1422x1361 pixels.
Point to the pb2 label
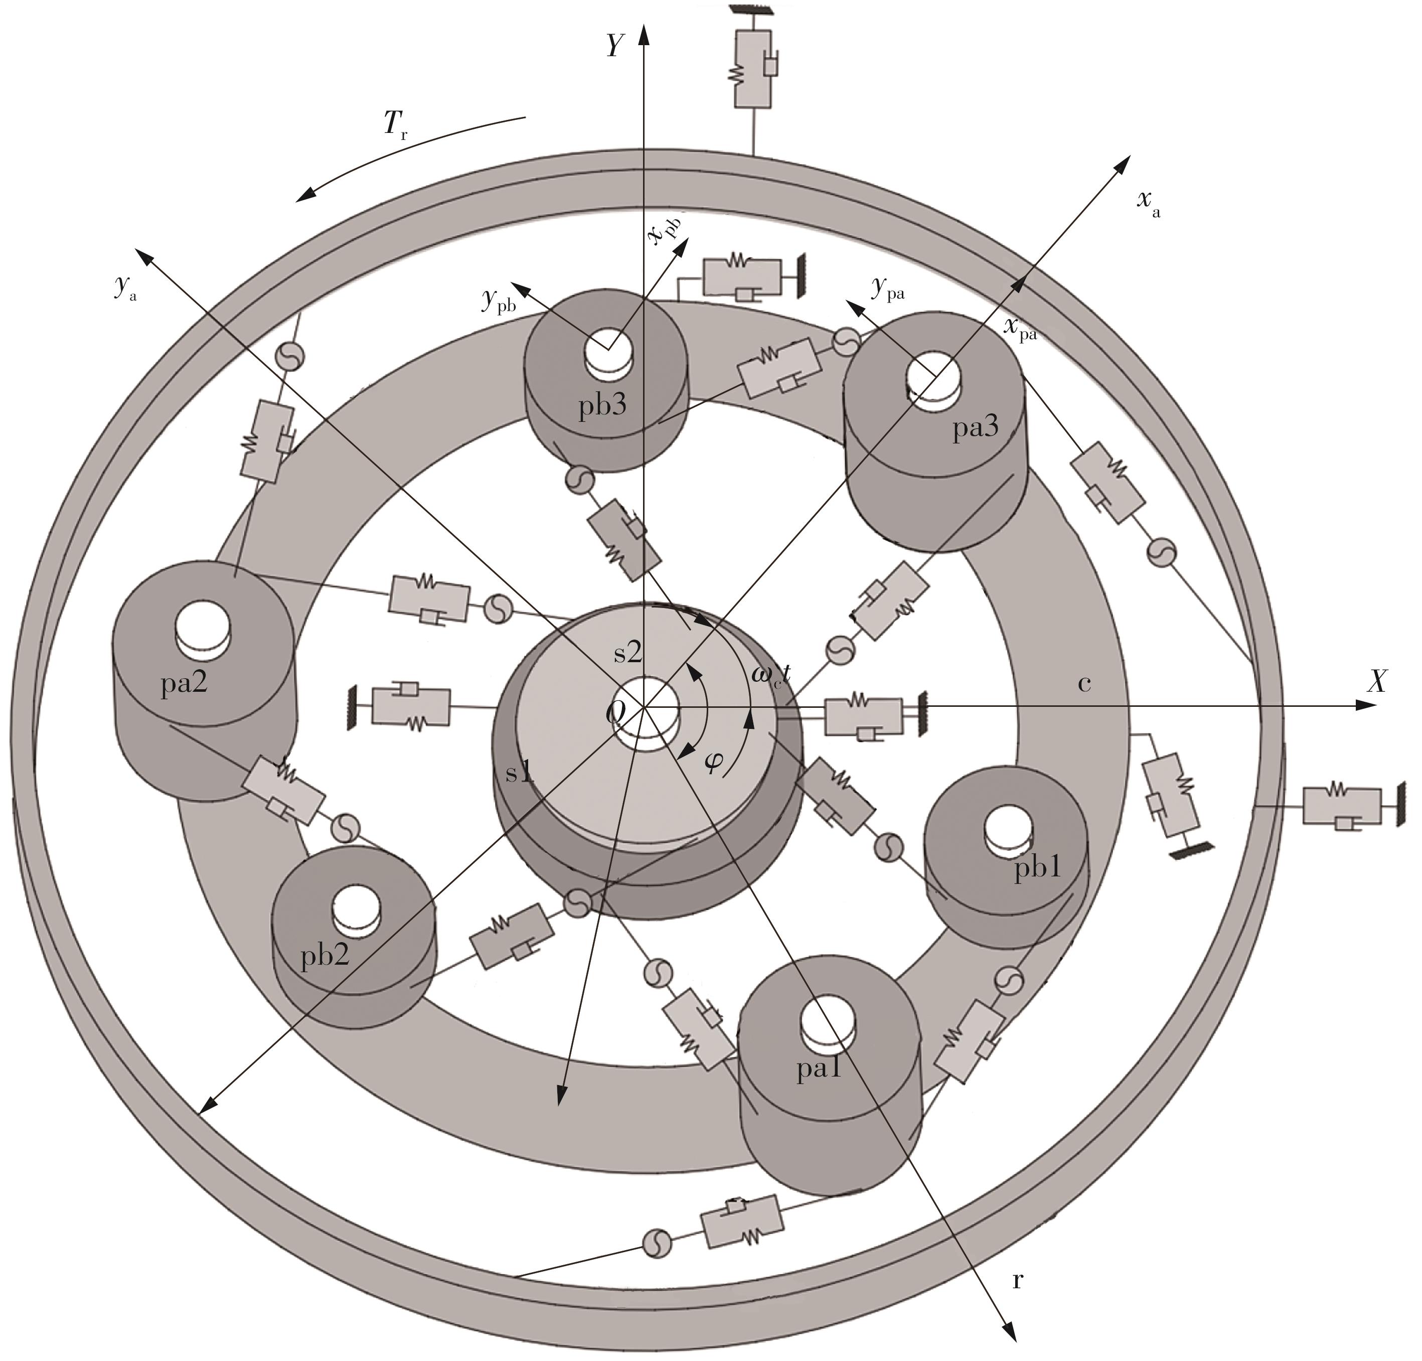pyautogui.click(x=325, y=956)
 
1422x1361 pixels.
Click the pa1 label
pyautogui.click(x=819, y=1070)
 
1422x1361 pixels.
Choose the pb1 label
pyautogui.click(x=1037, y=868)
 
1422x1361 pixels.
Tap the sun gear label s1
pyautogui.click(x=520, y=774)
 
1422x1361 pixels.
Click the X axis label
pyautogui.click(x=1376, y=681)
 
